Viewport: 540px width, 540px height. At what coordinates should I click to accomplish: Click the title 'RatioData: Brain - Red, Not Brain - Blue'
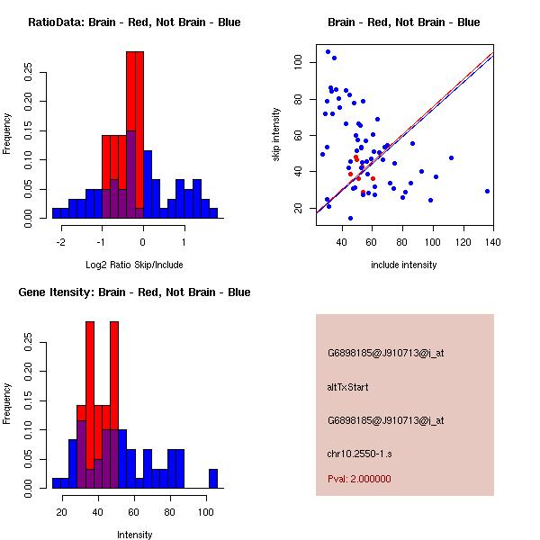(134, 22)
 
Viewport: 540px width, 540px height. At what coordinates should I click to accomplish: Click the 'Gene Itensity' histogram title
(134, 292)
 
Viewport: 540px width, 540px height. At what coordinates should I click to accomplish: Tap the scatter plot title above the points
(403, 22)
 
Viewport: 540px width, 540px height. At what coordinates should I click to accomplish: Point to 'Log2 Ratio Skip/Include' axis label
(134, 266)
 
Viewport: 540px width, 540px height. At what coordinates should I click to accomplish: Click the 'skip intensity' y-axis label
(276, 135)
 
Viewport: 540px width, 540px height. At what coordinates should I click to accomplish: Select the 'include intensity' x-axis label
(403, 265)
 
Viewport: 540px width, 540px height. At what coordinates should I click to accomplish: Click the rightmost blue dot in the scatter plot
(487, 191)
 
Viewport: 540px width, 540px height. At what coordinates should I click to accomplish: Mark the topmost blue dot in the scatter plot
(328, 52)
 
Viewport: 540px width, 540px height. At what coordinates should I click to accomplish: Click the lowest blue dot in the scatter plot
(350, 218)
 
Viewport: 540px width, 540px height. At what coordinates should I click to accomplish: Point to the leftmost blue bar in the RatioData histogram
(56, 213)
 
